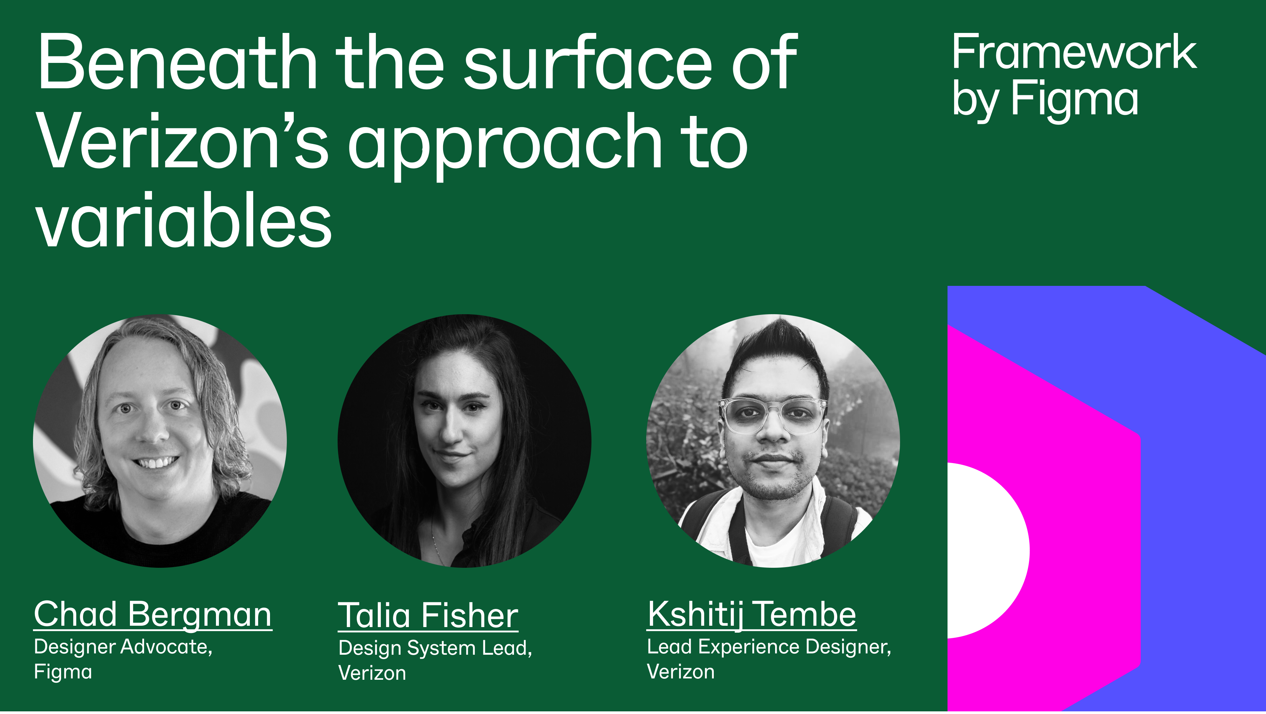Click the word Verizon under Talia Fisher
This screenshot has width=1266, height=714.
[372, 673]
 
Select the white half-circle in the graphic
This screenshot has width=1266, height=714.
[985, 550]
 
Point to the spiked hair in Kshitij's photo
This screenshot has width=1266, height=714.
[776, 344]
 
